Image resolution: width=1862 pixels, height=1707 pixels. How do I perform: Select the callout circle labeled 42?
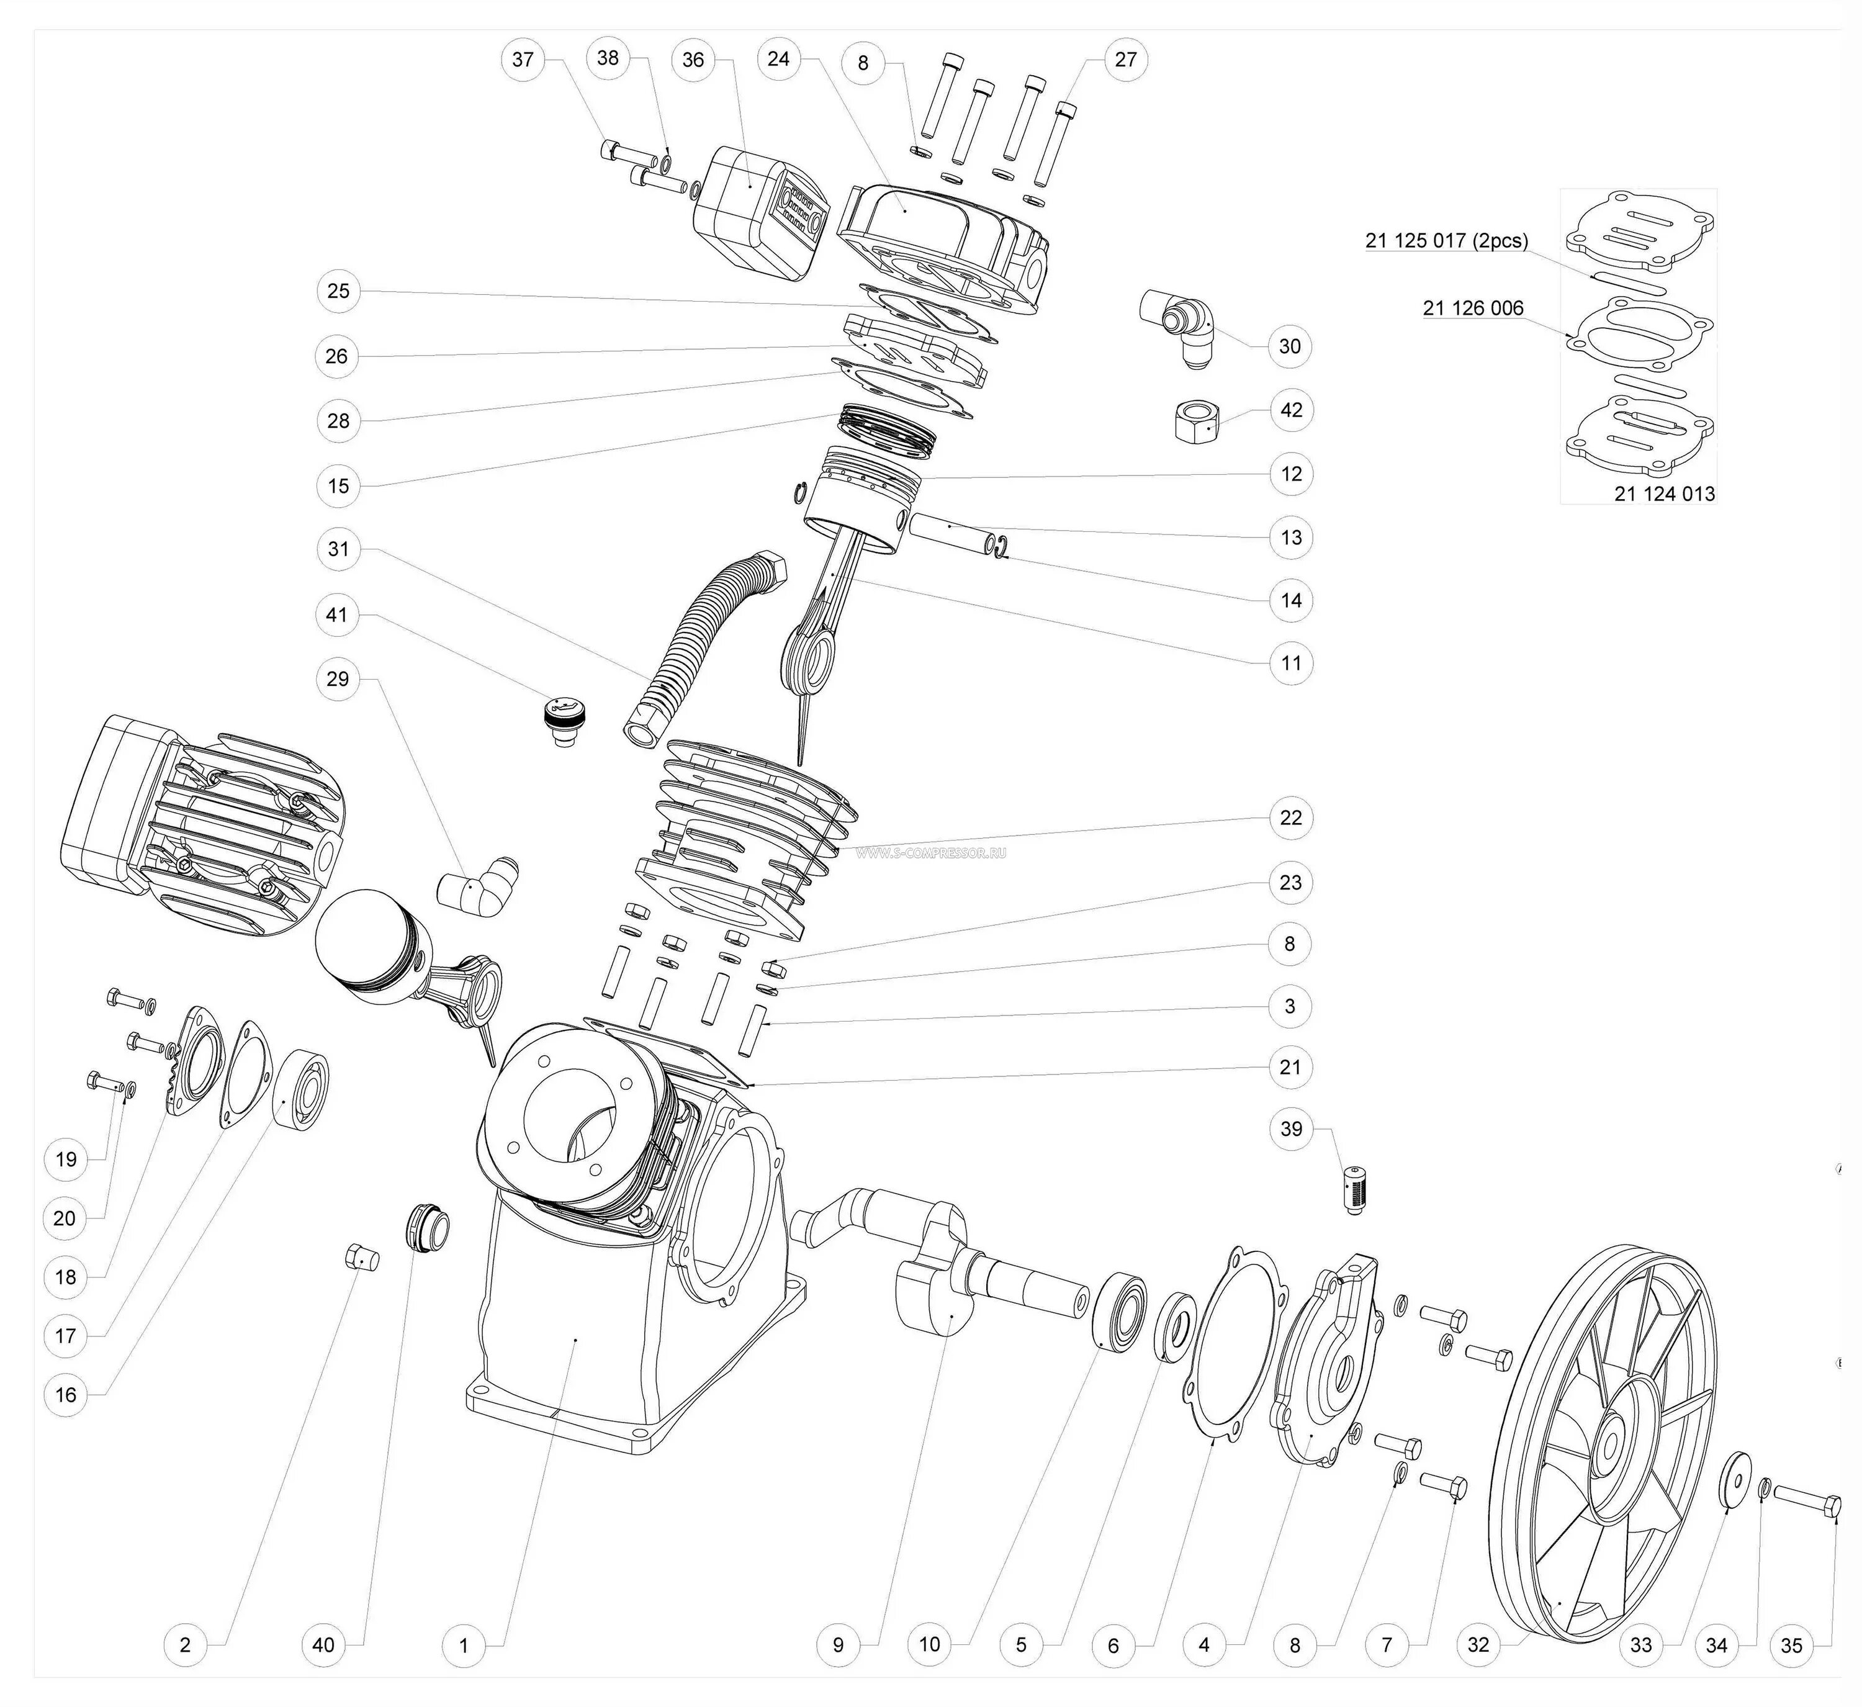point(1291,410)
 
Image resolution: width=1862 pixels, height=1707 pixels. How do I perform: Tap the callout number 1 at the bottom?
point(464,1644)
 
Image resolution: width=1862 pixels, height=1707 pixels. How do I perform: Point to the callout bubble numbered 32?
point(1478,1644)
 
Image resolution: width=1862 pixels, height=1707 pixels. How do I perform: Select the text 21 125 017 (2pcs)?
point(1446,241)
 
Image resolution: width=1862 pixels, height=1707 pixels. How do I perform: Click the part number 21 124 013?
point(1665,494)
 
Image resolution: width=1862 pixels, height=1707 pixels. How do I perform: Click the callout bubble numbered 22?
point(1290,817)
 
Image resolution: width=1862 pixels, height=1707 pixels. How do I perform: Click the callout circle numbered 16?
point(66,1394)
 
